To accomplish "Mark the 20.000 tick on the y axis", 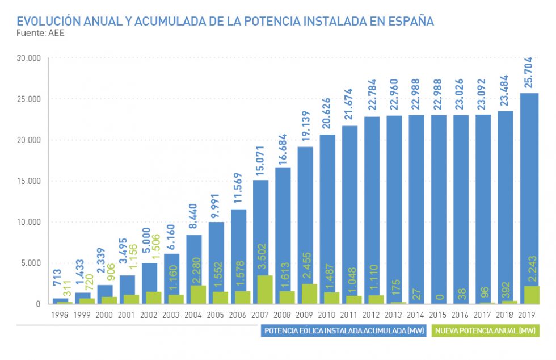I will [x=28, y=140].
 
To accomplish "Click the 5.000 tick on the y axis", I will [x=31, y=263].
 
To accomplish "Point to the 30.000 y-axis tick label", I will [x=28, y=58].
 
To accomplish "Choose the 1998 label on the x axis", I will [x=61, y=314].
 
